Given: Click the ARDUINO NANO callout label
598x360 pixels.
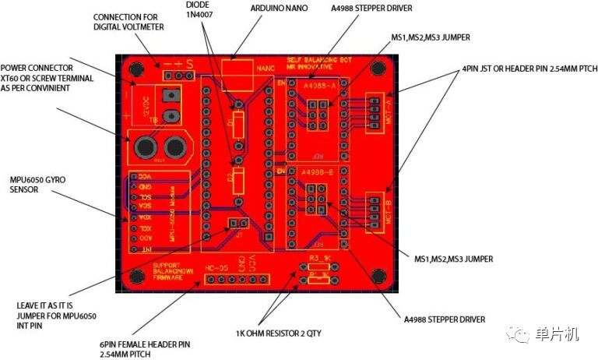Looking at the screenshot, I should coord(279,8).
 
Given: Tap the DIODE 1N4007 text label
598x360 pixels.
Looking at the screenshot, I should coord(198,9).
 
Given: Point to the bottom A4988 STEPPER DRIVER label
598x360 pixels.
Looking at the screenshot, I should coord(445,319).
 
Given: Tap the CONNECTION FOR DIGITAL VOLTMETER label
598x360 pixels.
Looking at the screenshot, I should coord(128,22).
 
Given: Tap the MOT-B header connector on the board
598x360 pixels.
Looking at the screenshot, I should coord(375,213).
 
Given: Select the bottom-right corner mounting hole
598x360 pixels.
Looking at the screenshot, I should coord(379,275).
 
